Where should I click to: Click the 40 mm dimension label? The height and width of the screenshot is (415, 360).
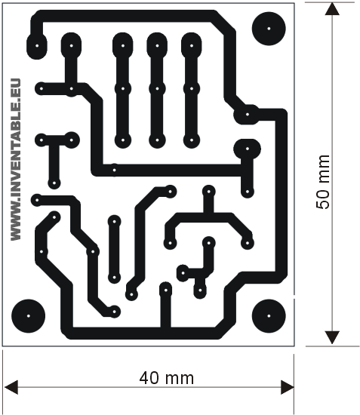point(167,378)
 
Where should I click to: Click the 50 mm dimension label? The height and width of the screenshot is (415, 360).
point(323,182)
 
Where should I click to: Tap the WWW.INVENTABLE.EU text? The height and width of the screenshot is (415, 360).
point(15,160)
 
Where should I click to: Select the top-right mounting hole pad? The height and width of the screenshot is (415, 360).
point(269,29)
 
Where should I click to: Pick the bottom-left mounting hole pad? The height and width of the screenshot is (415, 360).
point(29,315)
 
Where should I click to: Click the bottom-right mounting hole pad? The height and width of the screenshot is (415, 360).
point(269,315)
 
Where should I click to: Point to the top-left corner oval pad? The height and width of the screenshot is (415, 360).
point(37,45)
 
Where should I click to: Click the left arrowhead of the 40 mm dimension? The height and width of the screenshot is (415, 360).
point(11,387)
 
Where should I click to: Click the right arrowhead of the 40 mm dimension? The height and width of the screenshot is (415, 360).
point(288,387)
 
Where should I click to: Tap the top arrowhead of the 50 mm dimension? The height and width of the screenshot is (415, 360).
point(332,9)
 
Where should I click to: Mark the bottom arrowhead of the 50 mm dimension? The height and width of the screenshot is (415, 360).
point(332,337)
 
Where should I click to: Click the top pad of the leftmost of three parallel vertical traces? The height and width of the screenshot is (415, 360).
point(122,45)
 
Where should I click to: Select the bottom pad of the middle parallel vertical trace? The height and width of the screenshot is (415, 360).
point(157,140)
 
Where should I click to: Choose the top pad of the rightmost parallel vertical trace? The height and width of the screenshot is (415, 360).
point(192,45)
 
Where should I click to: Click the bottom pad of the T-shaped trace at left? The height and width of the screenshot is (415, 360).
point(54,183)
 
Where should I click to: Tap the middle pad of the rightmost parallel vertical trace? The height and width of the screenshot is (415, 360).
point(192,88)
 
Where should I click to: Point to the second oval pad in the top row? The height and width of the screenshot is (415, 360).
point(71,45)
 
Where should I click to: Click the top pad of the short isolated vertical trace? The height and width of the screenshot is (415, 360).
point(115,221)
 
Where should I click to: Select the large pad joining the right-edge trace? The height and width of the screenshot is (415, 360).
point(247,115)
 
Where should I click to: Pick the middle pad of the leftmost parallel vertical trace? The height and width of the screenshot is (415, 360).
point(122,88)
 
